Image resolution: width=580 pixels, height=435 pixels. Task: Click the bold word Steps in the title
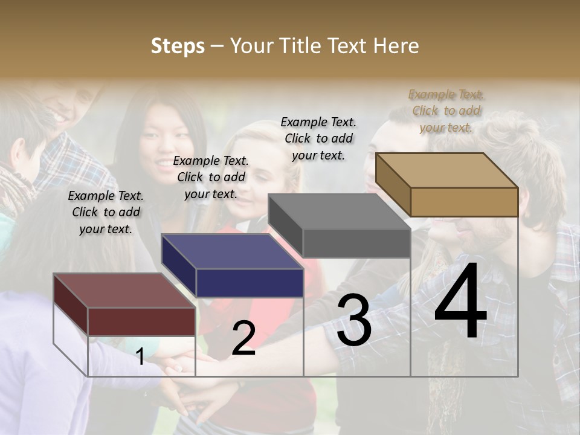[x=178, y=46]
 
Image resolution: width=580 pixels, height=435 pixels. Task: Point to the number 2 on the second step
[x=243, y=339]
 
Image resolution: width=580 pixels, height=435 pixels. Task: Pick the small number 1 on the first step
[x=140, y=357]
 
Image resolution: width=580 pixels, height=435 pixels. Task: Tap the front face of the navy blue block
[x=250, y=283]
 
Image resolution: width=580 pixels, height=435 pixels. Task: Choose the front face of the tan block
[x=464, y=202]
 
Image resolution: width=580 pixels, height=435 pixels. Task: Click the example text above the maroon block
[x=106, y=212]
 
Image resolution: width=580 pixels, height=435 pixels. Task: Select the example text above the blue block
[x=211, y=177]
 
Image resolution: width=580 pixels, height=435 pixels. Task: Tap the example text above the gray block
[x=318, y=138]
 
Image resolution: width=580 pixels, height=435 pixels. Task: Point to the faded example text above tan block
[x=446, y=111]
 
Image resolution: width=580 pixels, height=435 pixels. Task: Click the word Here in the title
[x=396, y=46]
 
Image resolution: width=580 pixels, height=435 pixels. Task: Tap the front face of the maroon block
[x=141, y=321]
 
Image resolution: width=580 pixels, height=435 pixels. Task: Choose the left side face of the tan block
[x=393, y=185]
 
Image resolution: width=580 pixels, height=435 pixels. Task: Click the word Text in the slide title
[x=349, y=46]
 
